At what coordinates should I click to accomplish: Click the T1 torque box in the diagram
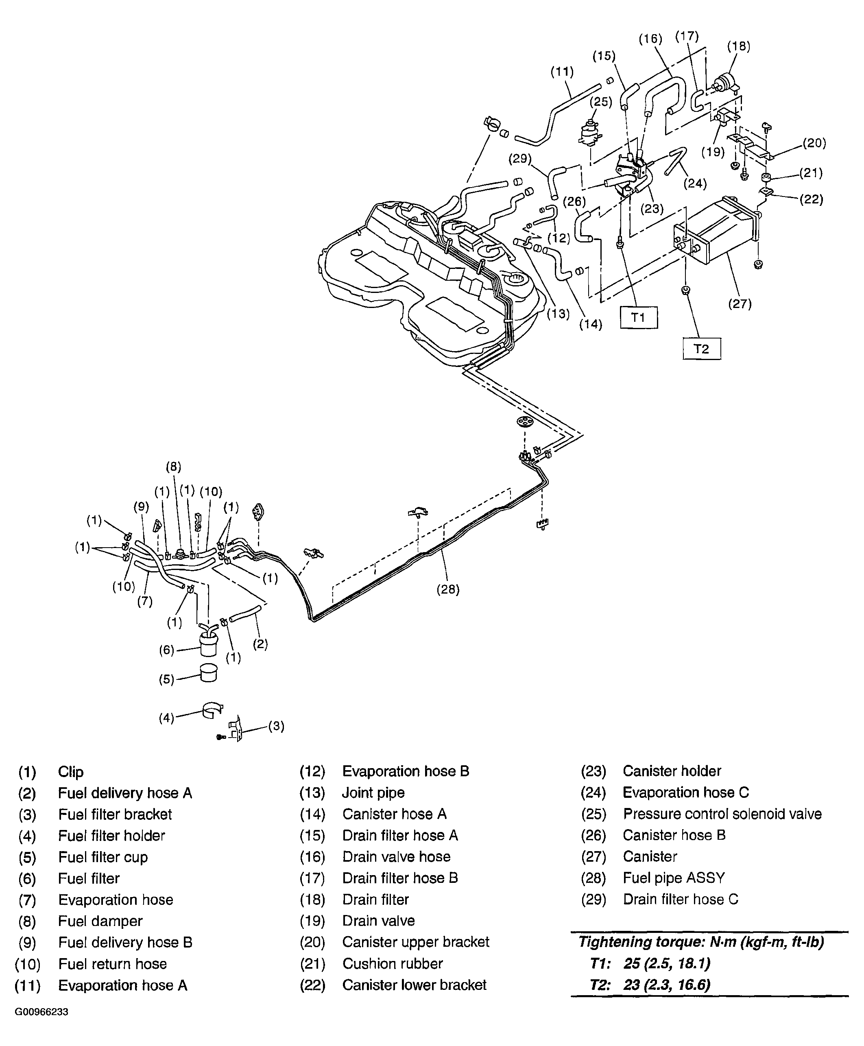[x=639, y=317]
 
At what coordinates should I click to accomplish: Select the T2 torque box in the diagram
[x=701, y=349]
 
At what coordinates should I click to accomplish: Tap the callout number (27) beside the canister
[x=740, y=304]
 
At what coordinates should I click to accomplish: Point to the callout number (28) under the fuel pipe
[x=448, y=590]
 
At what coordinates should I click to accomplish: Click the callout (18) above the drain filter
[x=739, y=46]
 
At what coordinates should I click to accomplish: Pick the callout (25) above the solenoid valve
[x=601, y=102]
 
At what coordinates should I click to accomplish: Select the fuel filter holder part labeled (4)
[x=212, y=710]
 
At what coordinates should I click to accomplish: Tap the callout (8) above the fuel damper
[x=173, y=467]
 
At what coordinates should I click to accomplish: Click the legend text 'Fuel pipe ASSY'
[x=673, y=878]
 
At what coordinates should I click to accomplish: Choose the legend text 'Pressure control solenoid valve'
[x=722, y=814]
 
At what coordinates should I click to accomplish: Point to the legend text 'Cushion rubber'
[x=392, y=963]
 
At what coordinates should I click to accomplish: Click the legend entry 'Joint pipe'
[x=373, y=793]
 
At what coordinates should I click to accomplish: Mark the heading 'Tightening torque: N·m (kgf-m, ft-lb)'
[x=701, y=942]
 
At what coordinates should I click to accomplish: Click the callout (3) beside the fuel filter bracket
[x=276, y=726]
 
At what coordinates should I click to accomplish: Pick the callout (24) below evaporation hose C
[x=695, y=183]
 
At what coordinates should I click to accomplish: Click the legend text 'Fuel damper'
[x=100, y=921]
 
